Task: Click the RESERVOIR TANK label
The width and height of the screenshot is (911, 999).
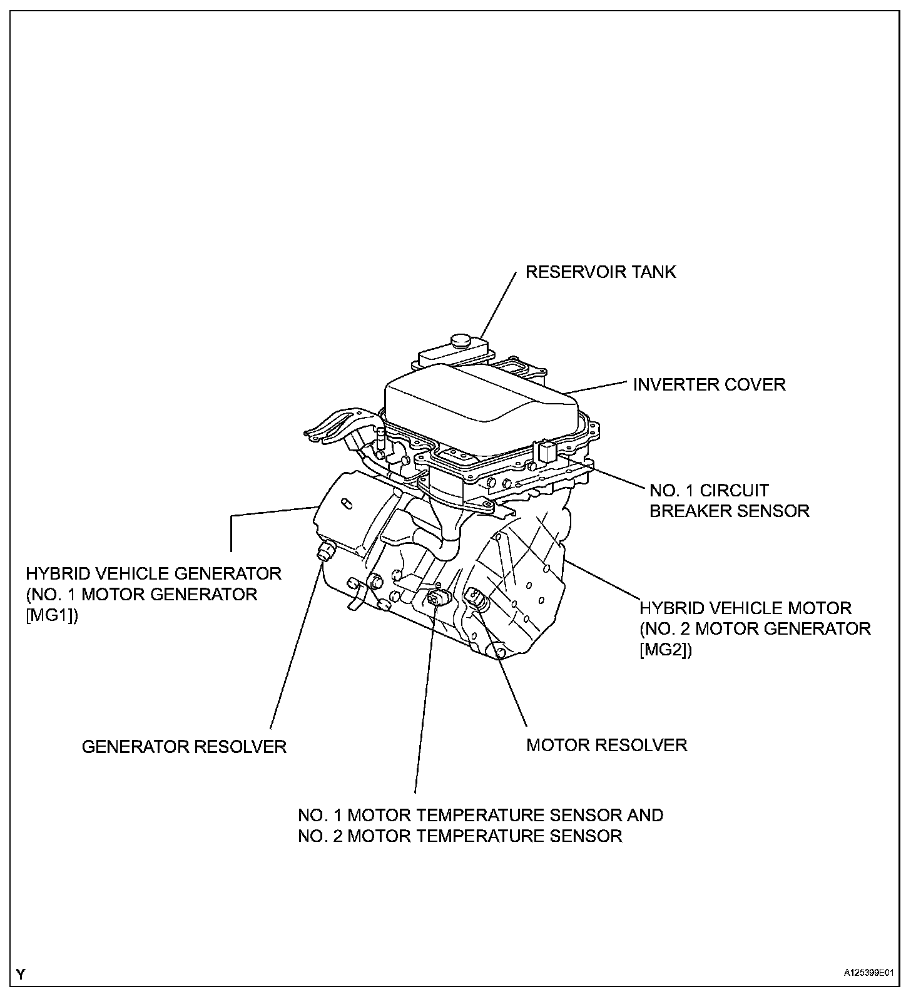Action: click(601, 272)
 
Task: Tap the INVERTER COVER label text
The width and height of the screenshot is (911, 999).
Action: click(709, 384)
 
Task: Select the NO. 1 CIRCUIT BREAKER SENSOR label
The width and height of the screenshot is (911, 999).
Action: click(729, 500)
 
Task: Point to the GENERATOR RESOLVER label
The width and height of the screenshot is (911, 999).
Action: click(184, 747)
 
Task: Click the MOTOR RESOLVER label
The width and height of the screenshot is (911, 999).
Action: click(607, 745)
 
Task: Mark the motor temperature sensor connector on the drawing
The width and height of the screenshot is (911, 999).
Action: click(437, 598)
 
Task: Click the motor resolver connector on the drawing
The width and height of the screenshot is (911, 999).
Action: click(476, 599)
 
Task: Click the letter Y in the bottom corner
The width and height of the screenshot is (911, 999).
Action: click(21, 974)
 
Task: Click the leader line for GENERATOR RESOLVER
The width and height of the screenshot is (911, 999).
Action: click(297, 645)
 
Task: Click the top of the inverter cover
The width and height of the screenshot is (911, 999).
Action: click(479, 391)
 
